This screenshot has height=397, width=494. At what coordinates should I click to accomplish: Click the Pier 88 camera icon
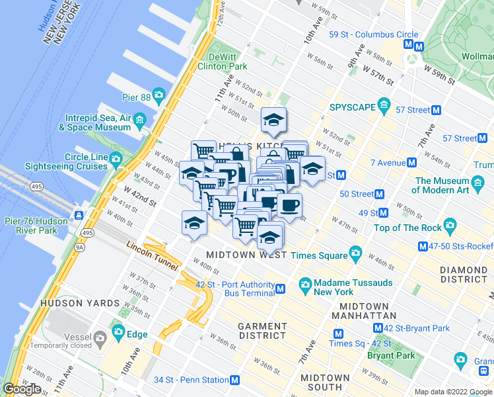(x=159, y=96)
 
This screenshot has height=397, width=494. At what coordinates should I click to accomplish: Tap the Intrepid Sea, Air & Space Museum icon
(x=139, y=120)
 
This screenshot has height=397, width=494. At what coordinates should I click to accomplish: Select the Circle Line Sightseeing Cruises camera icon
(x=116, y=159)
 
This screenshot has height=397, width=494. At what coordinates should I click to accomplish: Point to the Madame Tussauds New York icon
(x=305, y=286)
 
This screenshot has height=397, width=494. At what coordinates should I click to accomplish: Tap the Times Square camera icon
(x=356, y=253)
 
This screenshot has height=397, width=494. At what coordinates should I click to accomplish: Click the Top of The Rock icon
(x=450, y=228)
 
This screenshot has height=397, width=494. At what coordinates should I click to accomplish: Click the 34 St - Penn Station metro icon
(x=234, y=380)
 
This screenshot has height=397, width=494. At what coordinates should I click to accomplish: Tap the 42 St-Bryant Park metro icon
(x=376, y=328)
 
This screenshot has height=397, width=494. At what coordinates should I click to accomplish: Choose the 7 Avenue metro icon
(x=411, y=163)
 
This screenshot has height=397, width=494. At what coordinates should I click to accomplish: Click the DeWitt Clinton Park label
(x=228, y=62)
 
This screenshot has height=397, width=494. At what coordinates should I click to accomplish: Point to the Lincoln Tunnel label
(x=152, y=255)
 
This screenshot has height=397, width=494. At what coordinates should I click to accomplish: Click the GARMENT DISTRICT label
(x=262, y=331)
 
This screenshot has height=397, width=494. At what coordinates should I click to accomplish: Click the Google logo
(x=22, y=388)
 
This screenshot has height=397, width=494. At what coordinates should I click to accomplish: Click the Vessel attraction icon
(x=99, y=339)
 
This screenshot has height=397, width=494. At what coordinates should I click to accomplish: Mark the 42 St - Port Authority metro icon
(x=281, y=289)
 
